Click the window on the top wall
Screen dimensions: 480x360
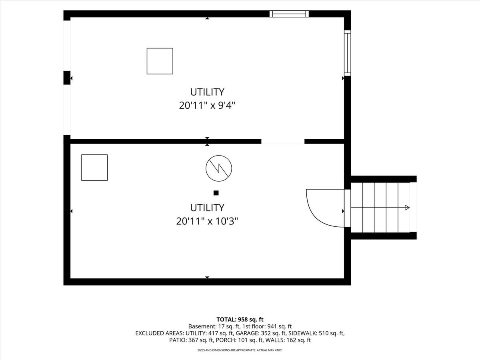tap(289, 14)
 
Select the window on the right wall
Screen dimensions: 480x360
tap(348, 53)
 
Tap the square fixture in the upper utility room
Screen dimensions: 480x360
tap(160, 61)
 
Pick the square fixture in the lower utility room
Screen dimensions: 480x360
tap(94, 168)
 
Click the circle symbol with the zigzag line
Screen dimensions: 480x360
tap(219, 168)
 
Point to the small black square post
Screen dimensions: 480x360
tap(216, 193)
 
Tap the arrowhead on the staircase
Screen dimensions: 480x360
tap(407, 208)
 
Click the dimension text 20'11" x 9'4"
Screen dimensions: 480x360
tap(207, 106)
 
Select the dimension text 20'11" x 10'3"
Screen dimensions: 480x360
tap(207, 222)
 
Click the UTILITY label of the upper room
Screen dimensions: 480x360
tap(207, 92)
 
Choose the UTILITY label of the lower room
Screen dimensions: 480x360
tap(207, 208)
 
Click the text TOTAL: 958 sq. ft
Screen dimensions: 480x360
tap(240, 320)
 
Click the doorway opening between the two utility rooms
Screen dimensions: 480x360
tap(283, 142)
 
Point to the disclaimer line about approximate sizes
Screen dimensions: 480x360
tap(240, 350)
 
